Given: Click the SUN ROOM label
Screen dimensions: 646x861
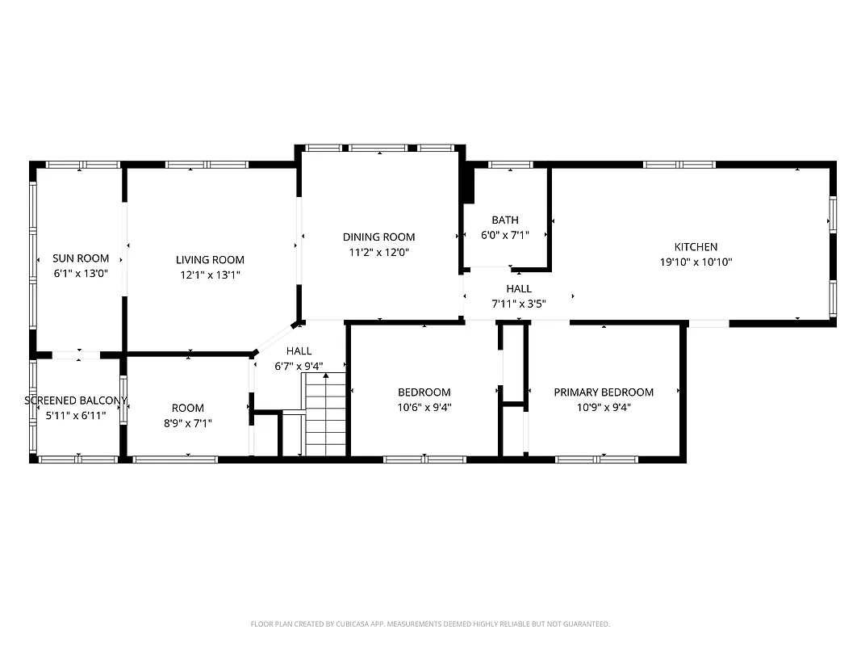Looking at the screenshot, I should pos(81,258).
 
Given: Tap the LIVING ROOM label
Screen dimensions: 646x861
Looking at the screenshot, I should pos(210,260).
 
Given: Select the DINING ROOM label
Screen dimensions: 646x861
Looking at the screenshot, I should pos(378,237).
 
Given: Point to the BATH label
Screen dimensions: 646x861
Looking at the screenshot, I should pos(505,220).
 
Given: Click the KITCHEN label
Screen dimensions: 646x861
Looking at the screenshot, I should pos(696,247).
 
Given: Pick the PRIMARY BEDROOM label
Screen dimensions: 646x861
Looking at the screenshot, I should pos(604,392).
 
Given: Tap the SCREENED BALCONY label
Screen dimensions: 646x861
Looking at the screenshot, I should pos(76,401).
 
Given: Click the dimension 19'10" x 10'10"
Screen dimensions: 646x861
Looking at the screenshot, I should pos(696,262).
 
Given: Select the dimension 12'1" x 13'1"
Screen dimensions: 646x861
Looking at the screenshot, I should pos(210,275).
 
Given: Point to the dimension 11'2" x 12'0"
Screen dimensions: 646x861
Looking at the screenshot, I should pos(378,251).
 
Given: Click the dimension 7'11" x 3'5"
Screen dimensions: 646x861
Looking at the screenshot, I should pos(519,304).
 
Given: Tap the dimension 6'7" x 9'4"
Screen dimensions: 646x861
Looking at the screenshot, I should pos(298,366).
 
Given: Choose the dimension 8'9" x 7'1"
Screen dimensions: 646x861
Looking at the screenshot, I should pos(187,423).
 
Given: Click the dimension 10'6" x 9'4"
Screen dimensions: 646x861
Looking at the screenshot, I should pos(424,408).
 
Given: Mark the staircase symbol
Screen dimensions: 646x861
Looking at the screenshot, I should pos(325,420).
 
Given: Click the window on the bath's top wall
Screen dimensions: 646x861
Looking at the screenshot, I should pos(511,165).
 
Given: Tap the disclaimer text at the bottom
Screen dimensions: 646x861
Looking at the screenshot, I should pos(430,624).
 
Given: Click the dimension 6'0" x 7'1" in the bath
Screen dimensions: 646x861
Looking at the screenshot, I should pos(505,234).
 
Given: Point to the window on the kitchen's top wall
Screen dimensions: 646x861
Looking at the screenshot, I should pos(679,165).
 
